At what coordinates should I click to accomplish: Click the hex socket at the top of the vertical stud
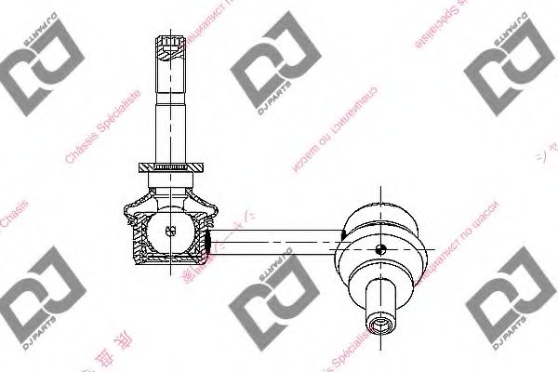pos(169,44)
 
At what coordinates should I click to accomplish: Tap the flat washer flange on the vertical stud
pos(169,168)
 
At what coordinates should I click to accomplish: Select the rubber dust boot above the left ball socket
pos(169,192)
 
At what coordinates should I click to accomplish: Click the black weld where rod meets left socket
pos(210,243)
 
